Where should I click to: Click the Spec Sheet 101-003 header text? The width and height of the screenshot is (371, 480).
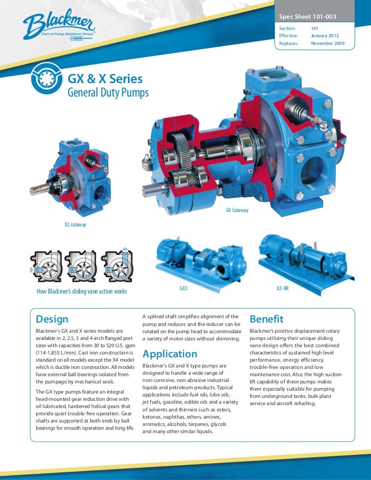coord(308,17)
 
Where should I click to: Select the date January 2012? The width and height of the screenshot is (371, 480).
coord(325,36)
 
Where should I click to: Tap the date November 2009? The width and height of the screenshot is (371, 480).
coord(328,43)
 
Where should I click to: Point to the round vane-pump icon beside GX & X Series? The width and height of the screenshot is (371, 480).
coord(46,78)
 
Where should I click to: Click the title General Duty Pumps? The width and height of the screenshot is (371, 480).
coord(108,92)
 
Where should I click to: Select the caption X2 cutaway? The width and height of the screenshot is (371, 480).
coord(75,225)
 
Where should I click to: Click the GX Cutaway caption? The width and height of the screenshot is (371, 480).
coord(237,210)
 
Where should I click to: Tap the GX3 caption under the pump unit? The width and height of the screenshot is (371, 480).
coord(183,288)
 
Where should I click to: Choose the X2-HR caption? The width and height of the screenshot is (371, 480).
coord(283,288)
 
